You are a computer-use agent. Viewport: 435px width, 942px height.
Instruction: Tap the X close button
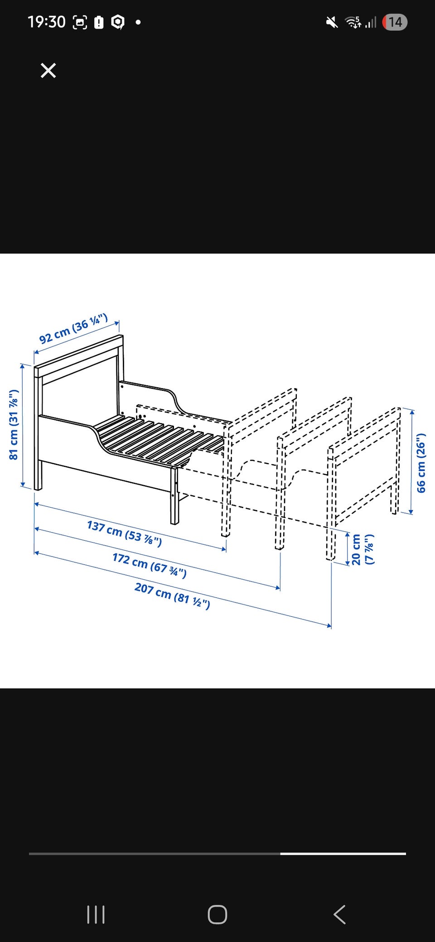(x=48, y=71)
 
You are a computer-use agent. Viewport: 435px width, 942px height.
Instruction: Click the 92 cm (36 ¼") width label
(x=73, y=328)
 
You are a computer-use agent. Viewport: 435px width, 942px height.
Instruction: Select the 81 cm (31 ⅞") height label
(x=14, y=424)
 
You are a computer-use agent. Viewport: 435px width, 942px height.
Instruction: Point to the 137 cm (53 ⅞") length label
(x=124, y=533)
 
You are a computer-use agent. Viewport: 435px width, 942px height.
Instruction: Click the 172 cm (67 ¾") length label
(x=150, y=565)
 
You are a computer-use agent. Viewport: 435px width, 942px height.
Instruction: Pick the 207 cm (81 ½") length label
(x=172, y=596)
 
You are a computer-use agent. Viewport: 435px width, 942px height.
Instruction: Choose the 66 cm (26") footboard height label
(x=421, y=463)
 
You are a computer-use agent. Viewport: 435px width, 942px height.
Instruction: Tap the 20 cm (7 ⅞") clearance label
(x=363, y=549)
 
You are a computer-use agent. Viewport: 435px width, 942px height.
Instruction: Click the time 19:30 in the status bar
(x=46, y=22)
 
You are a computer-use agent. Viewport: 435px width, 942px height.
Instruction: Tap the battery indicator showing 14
(x=395, y=22)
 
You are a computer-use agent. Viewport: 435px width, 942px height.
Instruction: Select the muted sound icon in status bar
(x=332, y=22)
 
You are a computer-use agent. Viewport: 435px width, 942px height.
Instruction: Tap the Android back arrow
(x=339, y=914)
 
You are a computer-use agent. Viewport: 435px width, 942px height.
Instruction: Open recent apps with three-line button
(x=96, y=914)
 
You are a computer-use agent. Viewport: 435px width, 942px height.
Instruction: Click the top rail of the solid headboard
(x=78, y=356)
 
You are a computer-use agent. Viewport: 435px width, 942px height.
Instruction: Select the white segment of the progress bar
(x=343, y=854)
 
